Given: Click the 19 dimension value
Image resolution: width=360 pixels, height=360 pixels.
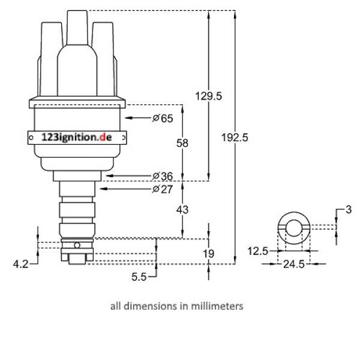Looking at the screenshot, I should click(208, 254).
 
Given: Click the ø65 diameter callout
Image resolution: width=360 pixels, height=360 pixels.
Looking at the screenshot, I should click(163, 118).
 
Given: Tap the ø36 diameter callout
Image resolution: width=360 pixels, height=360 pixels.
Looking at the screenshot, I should click(163, 176).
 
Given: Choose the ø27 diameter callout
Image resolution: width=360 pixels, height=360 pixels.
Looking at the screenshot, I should click(163, 189).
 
